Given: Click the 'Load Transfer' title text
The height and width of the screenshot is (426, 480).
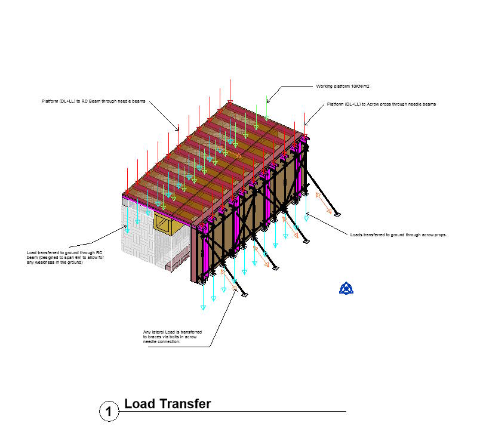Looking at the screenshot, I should coord(167,404).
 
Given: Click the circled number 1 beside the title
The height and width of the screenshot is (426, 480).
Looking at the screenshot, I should coord(108,411).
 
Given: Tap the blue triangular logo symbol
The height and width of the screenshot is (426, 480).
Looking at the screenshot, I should coord(346,288).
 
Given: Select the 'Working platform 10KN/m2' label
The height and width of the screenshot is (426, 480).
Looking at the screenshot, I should coord(343,87).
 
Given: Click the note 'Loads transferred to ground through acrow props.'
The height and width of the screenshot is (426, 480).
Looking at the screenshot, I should coord(398,234).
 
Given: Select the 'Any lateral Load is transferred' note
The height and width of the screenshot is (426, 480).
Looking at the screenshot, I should coord(173,332).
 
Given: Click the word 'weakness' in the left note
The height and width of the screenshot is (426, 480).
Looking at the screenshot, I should coord(51,263).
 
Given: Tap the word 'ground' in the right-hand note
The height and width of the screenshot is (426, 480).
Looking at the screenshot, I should coord(403,234).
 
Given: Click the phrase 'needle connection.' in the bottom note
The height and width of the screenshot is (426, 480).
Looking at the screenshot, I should coord(162,342).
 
